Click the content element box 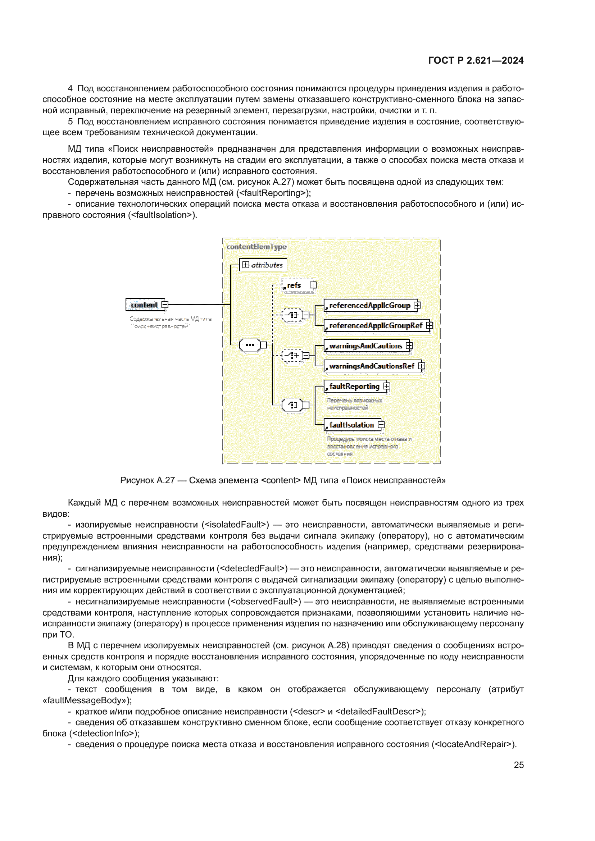click(x=145, y=305)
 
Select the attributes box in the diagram click(x=263, y=265)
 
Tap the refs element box click(x=294, y=285)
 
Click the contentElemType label click(x=256, y=247)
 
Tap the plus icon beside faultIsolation click(x=381, y=425)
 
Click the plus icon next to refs click(x=313, y=285)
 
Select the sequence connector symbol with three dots click(x=250, y=345)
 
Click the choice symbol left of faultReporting click(x=292, y=405)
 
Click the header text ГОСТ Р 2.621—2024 click(x=476, y=60)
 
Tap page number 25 click(x=518, y=765)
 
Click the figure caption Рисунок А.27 click(x=282, y=480)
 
